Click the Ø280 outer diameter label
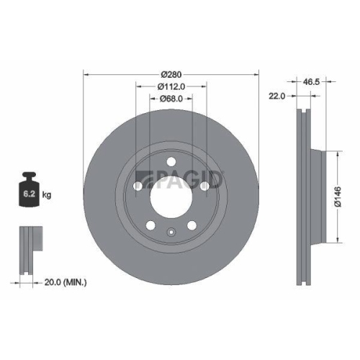pos(171,74)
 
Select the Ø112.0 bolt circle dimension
pos(171,86)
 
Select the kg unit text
pos(46,195)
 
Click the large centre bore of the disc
pos(171,194)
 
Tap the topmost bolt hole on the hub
pos(171,161)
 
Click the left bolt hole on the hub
pos(138,186)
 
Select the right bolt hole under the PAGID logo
pos(204,186)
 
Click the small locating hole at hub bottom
pos(171,231)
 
